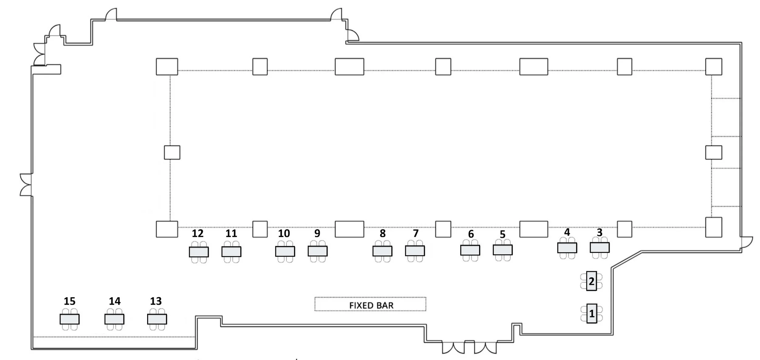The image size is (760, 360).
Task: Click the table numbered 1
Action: tap(592, 313)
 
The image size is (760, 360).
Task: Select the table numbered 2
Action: tap(591, 281)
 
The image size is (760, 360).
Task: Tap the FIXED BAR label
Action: tap(371, 305)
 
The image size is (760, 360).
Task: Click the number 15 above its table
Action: tap(69, 301)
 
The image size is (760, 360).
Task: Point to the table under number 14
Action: tap(114, 319)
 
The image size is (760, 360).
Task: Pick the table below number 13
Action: tap(157, 319)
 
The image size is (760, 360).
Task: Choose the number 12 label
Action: tap(198, 234)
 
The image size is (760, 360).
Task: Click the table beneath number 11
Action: tap(231, 252)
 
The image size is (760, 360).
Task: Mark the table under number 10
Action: tap(285, 251)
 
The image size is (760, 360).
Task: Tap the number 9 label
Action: tap(317, 233)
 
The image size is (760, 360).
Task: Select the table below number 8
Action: tap(382, 251)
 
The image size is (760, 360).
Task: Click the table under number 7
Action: tap(415, 251)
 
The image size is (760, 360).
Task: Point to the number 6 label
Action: tap(471, 234)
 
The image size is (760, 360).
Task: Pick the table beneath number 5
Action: tap(503, 250)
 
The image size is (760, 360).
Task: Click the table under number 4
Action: tap(567, 248)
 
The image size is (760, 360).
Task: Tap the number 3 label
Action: tap(599, 232)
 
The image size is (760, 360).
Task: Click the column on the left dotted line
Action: tap(172, 152)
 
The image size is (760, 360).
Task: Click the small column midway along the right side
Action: tap(713, 152)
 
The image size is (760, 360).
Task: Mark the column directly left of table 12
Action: tap(167, 229)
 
